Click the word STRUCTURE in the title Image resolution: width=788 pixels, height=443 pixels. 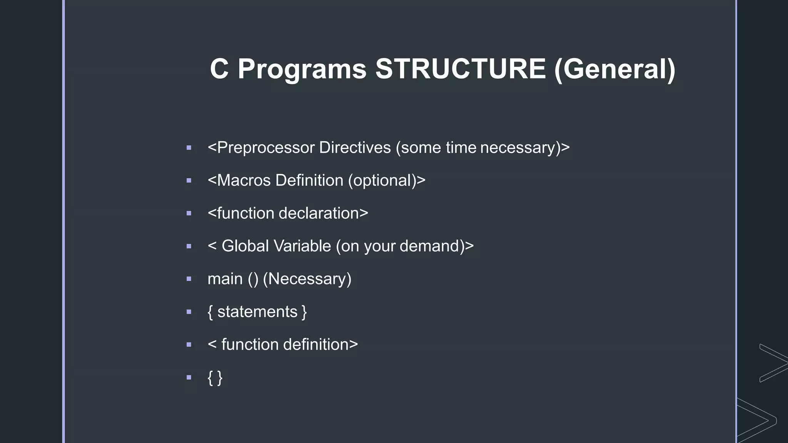[461, 69]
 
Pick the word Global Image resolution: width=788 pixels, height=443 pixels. [245, 246]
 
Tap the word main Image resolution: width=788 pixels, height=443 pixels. [225, 279]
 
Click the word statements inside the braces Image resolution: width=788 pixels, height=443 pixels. [257, 312]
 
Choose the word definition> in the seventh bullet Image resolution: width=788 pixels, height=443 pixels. [320, 345]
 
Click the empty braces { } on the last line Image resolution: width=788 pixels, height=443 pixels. [215, 378]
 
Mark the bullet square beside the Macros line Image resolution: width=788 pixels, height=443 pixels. [189, 180]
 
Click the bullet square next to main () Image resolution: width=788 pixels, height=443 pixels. [189, 279]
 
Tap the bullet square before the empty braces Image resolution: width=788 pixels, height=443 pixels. [189, 377]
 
